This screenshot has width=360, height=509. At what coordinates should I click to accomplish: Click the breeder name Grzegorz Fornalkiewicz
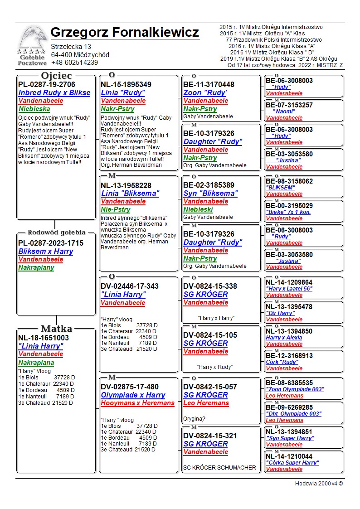tap(125, 33)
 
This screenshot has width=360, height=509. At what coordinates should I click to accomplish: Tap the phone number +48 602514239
tap(74, 63)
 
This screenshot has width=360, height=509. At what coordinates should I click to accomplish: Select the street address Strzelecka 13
tap(71, 47)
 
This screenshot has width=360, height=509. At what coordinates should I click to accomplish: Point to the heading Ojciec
tap(56, 76)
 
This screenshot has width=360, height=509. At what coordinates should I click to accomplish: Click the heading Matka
tap(56, 329)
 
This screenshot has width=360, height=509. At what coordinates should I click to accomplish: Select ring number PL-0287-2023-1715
tap(51, 243)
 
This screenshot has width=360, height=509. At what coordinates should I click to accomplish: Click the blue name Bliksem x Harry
tap(45, 251)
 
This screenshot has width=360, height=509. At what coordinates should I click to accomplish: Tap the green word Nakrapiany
tap(36, 267)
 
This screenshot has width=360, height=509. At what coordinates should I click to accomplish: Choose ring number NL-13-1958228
tap(126, 185)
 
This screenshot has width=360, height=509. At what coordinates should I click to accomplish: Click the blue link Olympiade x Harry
tap(133, 395)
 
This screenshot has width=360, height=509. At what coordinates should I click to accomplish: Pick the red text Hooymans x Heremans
tap(137, 403)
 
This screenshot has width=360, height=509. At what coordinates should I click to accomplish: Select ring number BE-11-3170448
tap(209, 84)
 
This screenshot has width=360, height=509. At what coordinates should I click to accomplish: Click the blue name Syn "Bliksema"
tap(210, 194)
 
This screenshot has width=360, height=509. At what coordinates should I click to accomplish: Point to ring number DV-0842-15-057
tap(210, 387)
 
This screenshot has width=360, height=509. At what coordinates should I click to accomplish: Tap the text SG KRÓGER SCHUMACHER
tap(219, 467)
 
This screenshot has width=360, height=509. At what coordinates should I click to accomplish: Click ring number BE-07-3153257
tap(289, 105)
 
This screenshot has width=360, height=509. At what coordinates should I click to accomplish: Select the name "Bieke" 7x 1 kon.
tap(288, 212)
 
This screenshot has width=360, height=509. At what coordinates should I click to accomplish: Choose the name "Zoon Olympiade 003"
tap(295, 389)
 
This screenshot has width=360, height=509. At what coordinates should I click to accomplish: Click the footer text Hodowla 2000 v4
tap(319, 483)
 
